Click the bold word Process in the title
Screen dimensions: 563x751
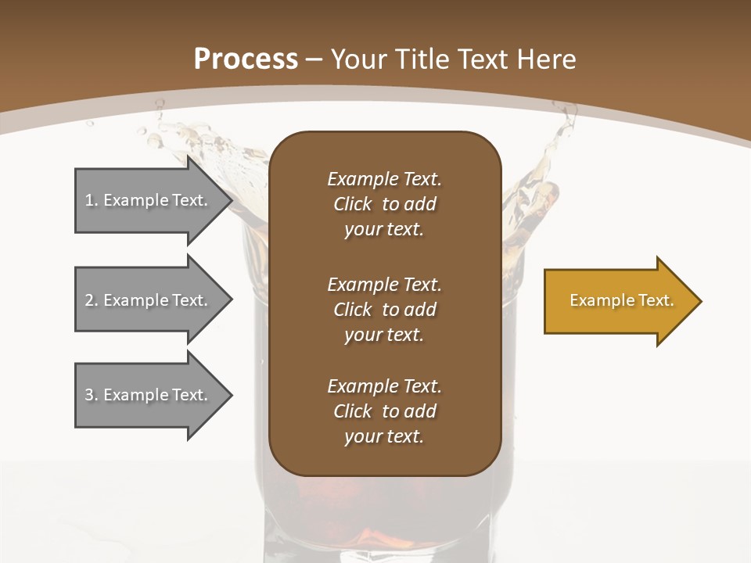pyautogui.click(x=246, y=59)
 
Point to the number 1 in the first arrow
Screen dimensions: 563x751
pyautogui.click(x=89, y=200)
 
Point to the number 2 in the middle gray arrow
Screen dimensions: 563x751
pyautogui.click(x=89, y=300)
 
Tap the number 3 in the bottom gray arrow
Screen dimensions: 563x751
pyautogui.click(x=89, y=395)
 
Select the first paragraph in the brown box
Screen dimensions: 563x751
pyautogui.click(x=384, y=204)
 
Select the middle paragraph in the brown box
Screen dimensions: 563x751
pyautogui.click(x=384, y=310)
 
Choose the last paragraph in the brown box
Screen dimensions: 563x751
pyautogui.click(x=384, y=411)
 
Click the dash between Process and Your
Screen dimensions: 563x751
pyautogui.click(x=314, y=59)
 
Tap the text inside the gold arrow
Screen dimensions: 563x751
pyautogui.click(x=622, y=300)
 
